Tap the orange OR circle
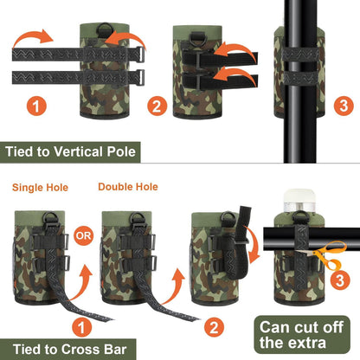coord(84,235)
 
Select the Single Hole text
coord(40,188)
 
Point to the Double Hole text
coord(128,187)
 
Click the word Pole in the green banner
coord(121,151)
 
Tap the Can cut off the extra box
coord(302,335)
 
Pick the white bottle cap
coord(299,196)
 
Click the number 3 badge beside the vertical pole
coord(344,106)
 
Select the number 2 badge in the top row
coord(157,106)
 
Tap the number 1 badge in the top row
coord(36,106)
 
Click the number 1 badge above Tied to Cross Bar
coord(82,327)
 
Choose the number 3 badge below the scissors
coord(340,280)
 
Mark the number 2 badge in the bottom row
coord(214,327)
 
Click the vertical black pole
coord(300,81)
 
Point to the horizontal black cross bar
coord(312,239)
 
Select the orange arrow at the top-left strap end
coord(33,37)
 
